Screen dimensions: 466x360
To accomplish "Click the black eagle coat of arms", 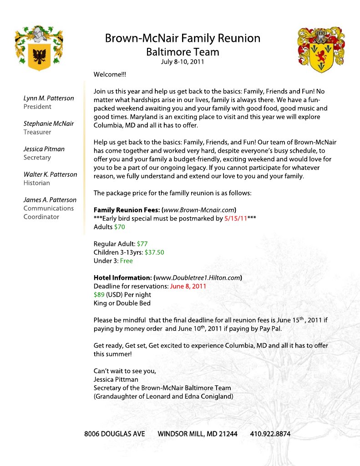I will pyautogui.click(x=39, y=48).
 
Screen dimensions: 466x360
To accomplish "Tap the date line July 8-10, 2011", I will pyautogui.click(x=183, y=61).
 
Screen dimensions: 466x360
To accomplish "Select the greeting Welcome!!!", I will pyautogui.click(x=110, y=74).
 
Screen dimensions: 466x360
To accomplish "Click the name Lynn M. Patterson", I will pyautogui.click(x=49, y=98).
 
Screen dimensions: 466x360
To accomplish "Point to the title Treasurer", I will pyautogui.click(x=37, y=132).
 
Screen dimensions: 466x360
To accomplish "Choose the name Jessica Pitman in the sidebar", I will pyautogui.click(x=44, y=149).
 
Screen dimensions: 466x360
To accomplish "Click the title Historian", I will pyautogui.click(x=37, y=183).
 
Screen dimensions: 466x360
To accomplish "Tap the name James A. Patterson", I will pyautogui.click(x=50, y=200).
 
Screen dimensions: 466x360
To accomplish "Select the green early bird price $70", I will pyautogui.click(x=120, y=227).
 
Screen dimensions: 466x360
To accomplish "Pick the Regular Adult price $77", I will pyautogui.click(x=142, y=244).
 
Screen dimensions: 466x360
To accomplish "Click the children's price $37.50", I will pyautogui.click(x=154, y=252).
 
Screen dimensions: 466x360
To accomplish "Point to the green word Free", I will pyautogui.click(x=127, y=261).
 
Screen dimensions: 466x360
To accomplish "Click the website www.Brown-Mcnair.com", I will pyautogui.click(x=199, y=210).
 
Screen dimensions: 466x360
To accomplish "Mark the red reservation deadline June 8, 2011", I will pyautogui.click(x=188, y=287).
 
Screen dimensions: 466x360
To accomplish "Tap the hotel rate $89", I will pyautogui.click(x=99, y=295).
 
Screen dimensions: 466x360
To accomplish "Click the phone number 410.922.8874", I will pyautogui.click(x=270, y=434).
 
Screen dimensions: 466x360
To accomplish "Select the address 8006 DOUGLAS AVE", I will pyautogui.click(x=115, y=434).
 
